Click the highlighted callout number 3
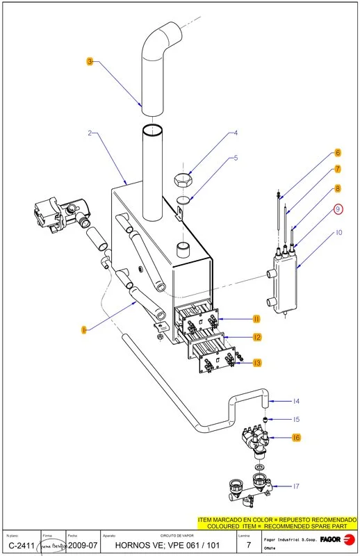tap(90, 61)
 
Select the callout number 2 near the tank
tap(90, 132)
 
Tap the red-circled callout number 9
tap(338, 209)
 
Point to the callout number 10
tap(338, 233)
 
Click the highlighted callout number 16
tap(296, 438)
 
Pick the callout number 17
tap(296, 486)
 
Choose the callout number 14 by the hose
tap(296, 401)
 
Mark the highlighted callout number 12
tap(257, 337)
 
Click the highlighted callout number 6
tap(338, 152)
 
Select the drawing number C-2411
tap(18, 546)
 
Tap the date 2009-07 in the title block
tap(82, 546)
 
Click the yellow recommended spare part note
tap(277, 523)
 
